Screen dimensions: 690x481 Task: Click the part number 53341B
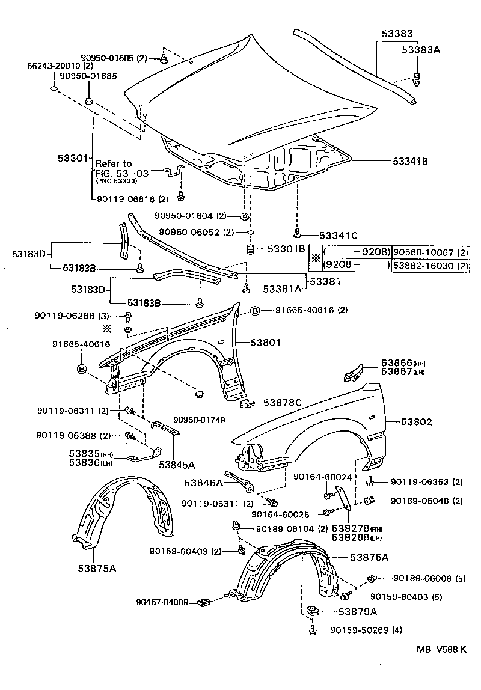(411, 161)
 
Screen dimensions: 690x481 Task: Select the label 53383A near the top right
(421, 51)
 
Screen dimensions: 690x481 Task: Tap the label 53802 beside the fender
(415, 423)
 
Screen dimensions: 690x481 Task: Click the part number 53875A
(96, 567)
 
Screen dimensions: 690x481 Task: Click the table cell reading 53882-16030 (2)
(430, 266)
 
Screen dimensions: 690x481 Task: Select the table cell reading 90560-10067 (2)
(430, 252)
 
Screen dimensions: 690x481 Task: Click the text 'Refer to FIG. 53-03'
(114, 168)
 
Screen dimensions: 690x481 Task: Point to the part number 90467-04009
(162, 602)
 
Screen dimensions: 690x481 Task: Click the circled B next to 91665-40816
(254, 311)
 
